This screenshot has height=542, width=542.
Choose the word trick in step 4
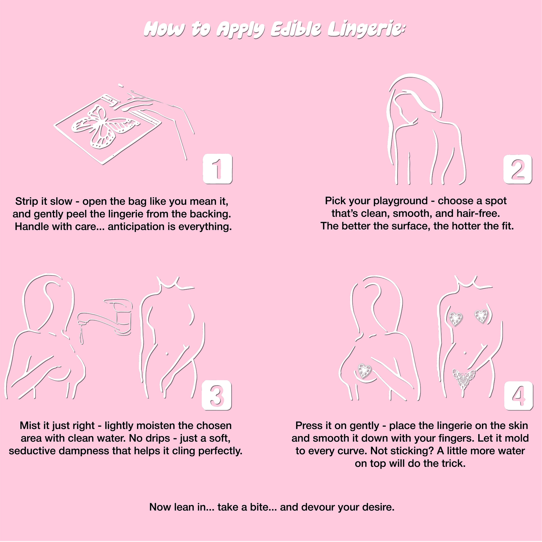tap(454, 463)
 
